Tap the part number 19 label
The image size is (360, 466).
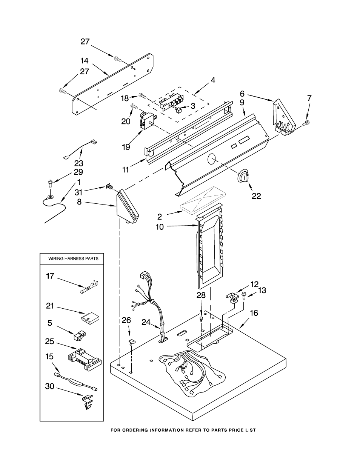point(126,147)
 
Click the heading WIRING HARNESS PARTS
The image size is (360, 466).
point(73,258)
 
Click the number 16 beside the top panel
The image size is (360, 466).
point(254,313)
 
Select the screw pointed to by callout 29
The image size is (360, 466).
point(51,184)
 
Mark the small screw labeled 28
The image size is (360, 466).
point(202,319)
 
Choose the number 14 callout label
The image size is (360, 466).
point(85,61)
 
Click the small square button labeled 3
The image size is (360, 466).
point(178,110)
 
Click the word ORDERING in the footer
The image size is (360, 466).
point(135,430)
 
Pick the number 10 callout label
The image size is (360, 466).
point(160,227)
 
